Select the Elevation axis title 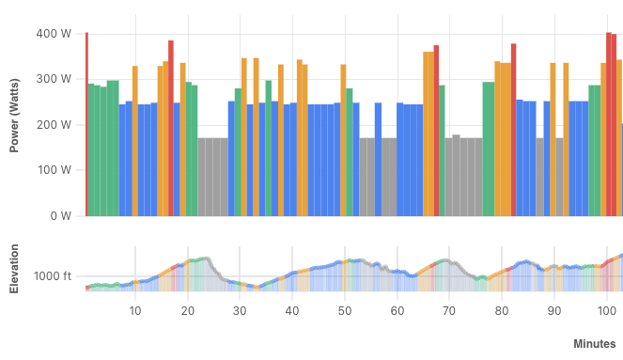click(15, 270)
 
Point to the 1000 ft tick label click(53, 276)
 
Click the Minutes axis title click(594, 345)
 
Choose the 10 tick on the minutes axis click(134, 311)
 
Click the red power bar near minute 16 click(171, 128)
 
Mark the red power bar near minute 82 click(514, 130)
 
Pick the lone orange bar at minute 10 click(134, 141)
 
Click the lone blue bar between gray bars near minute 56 click(378, 159)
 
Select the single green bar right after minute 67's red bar click(442, 150)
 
